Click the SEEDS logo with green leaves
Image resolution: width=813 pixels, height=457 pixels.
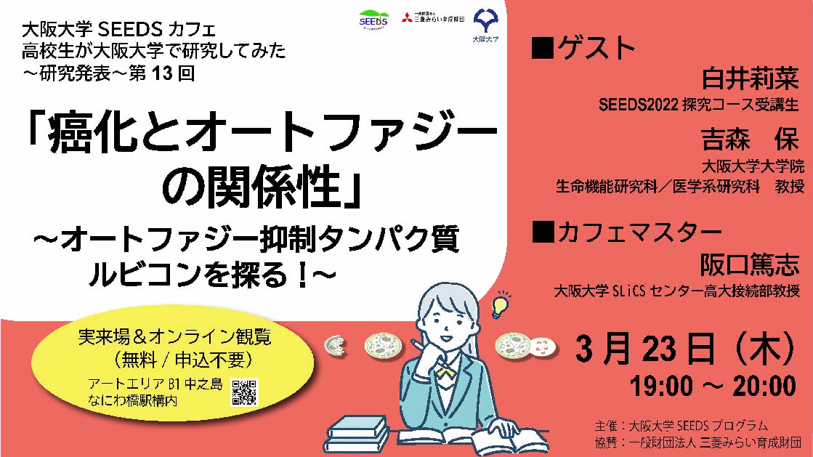point(373,19)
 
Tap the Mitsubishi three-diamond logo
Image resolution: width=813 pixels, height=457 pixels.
point(407,17)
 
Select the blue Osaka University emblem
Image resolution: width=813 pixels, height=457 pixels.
point(486,21)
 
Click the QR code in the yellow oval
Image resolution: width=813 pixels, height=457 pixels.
point(244,392)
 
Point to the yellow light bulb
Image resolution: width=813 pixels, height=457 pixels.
point(500,306)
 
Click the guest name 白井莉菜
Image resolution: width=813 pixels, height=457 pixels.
point(749,79)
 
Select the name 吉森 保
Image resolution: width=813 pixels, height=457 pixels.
point(749,139)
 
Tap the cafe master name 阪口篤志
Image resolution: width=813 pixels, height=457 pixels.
point(749,264)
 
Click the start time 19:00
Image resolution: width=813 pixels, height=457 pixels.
point(661,386)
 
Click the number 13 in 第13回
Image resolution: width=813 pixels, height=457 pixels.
point(162,73)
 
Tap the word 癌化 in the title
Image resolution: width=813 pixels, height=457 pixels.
point(85,136)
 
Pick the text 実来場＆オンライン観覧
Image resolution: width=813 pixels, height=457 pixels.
point(174,336)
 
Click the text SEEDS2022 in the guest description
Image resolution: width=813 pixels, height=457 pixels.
point(639,105)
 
